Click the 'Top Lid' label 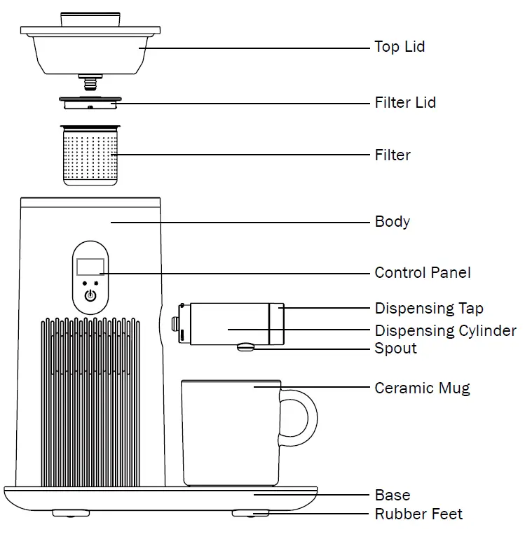click(x=400, y=47)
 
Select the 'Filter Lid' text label click(x=405, y=102)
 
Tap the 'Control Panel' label click(x=423, y=273)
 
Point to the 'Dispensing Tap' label click(x=429, y=308)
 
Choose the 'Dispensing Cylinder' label click(x=445, y=330)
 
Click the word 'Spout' click(x=395, y=349)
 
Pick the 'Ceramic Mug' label click(x=422, y=388)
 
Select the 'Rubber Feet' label click(x=418, y=514)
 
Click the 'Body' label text click(x=392, y=222)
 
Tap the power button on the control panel click(x=90, y=295)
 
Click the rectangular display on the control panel click(x=90, y=266)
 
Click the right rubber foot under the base click(x=250, y=514)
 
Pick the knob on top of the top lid click(x=90, y=19)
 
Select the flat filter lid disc click(x=90, y=103)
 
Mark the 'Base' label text click(x=392, y=496)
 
